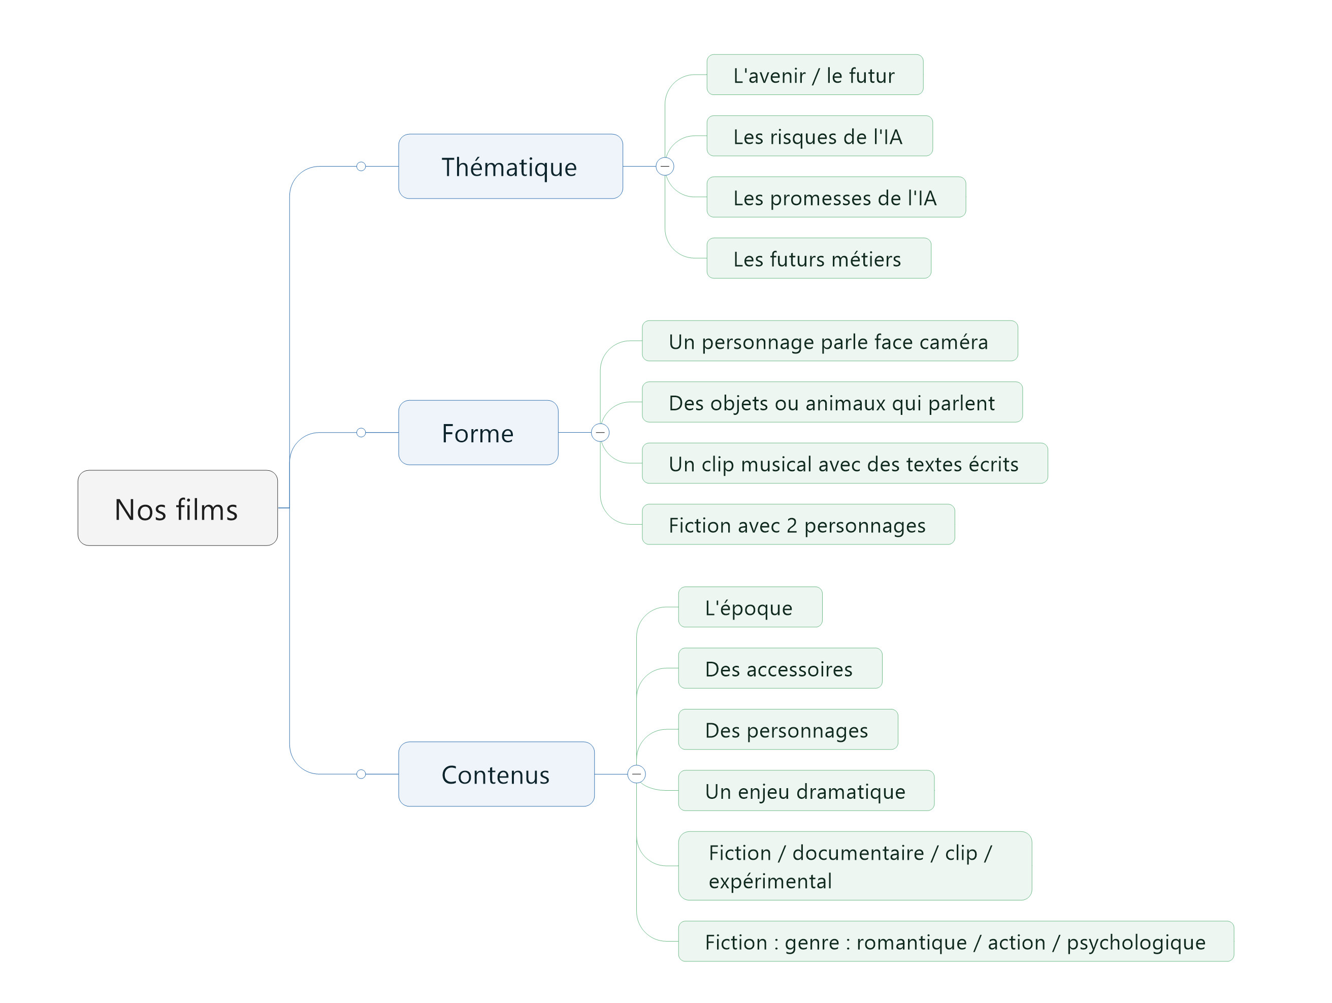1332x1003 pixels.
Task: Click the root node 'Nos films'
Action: [178, 508]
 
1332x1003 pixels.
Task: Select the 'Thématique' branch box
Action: [511, 166]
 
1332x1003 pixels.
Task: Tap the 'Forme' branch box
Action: [478, 432]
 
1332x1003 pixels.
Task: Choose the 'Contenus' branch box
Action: [496, 774]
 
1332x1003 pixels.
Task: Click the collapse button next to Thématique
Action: [665, 166]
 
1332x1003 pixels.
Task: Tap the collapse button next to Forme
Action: [600, 432]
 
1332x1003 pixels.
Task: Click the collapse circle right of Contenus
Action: [636, 774]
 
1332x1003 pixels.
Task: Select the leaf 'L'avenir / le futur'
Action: [815, 75]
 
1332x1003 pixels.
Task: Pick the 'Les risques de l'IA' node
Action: [820, 136]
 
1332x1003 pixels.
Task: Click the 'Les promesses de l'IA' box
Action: [836, 197]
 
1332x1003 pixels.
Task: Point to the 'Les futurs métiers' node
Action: [819, 258]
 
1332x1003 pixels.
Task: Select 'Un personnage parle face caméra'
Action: [830, 341]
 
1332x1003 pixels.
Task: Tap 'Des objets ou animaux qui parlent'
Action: [832, 402]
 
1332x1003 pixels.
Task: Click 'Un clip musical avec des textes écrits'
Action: [845, 463]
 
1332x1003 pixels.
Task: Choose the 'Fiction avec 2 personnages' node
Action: [798, 525]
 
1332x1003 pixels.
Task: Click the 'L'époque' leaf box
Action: [751, 607]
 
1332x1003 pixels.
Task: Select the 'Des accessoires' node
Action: [781, 668]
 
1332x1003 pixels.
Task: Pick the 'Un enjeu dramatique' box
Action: [806, 791]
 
